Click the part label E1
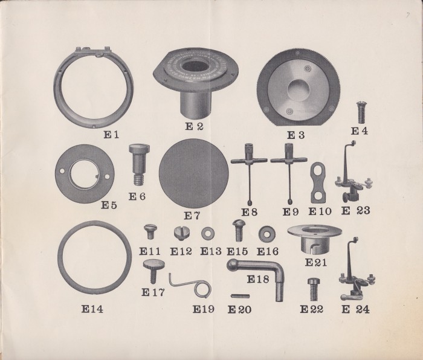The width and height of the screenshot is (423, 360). click(x=111, y=135)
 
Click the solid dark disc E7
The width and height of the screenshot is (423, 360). click(x=194, y=173)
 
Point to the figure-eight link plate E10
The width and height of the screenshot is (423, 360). click(x=318, y=182)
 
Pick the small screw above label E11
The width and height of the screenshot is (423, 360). click(x=150, y=231)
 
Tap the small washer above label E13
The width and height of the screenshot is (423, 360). click(x=208, y=233)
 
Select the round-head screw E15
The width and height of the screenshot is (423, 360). click(x=239, y=230)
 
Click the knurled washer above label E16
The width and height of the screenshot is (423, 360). click(x=267, y=234)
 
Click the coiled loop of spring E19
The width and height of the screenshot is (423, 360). click(x=202, y=289)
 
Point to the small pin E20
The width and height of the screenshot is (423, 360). click(x=240, y=296)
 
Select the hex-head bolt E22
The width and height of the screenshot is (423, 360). click(x=313, y=289)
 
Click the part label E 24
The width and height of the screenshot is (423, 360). click(x=355, y=309)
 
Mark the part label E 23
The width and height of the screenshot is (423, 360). click(x=356, y=211)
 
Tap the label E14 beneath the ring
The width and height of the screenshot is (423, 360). click(x=92, y=309)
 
